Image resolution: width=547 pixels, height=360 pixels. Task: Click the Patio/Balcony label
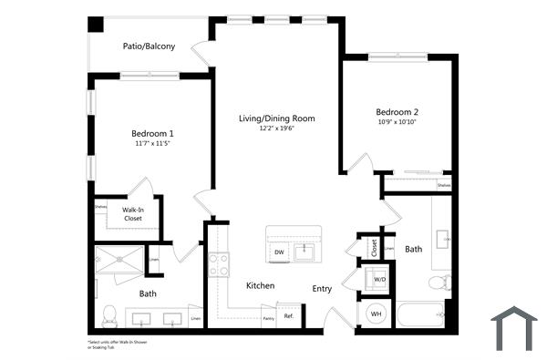point(149,46)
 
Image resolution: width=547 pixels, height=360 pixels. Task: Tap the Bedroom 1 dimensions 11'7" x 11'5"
point(152,144)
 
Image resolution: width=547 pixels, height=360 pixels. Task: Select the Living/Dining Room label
point(276,118)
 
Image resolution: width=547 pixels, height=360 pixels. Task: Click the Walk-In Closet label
point(133,214)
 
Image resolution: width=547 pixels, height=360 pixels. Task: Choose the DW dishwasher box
point(279,252)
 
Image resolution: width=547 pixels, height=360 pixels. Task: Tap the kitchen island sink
point(304,251)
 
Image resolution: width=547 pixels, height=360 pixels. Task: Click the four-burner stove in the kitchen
point(219,264)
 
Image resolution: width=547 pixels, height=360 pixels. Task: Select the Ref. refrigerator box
point(288,316)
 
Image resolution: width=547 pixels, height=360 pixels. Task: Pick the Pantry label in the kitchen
point(268,318)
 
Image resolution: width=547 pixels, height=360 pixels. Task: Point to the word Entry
point(323,288)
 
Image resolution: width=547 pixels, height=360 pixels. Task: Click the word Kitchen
point(260,285)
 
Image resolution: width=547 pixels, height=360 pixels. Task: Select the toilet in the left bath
point(108,315)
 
